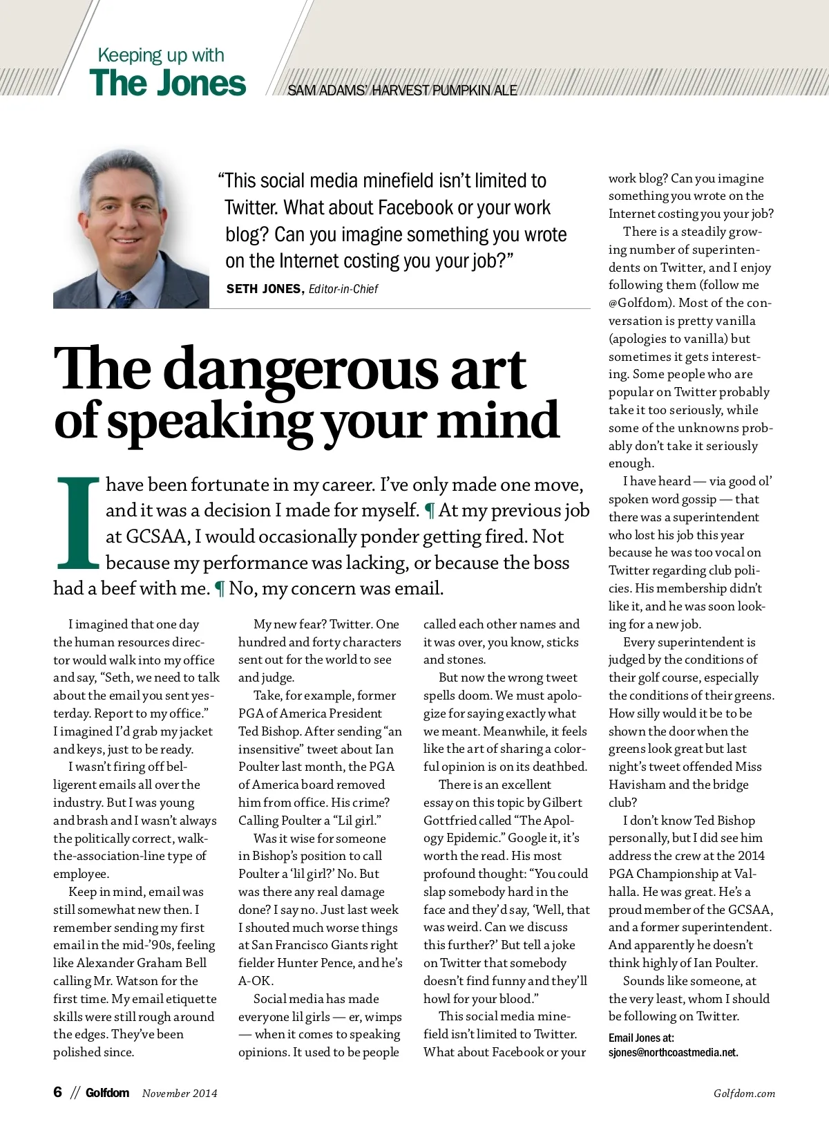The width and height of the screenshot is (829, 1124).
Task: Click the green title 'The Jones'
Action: pos(167,83)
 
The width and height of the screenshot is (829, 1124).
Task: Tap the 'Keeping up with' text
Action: pos(161,55)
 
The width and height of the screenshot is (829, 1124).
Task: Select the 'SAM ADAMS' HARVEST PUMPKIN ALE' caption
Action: pos(402,91)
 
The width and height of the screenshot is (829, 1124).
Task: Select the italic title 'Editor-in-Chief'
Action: pos(343,289)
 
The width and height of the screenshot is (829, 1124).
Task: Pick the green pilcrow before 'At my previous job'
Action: pos(429,511)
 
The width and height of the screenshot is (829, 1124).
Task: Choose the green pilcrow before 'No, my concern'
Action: pos(220,589)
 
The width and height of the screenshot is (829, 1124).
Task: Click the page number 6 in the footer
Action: pos(58,1092)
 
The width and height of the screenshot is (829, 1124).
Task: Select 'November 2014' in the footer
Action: pos(180,1093)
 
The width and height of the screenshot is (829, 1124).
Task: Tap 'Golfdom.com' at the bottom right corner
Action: pos(744,1094)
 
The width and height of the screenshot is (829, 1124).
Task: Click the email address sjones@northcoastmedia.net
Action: pos(673,1053)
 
